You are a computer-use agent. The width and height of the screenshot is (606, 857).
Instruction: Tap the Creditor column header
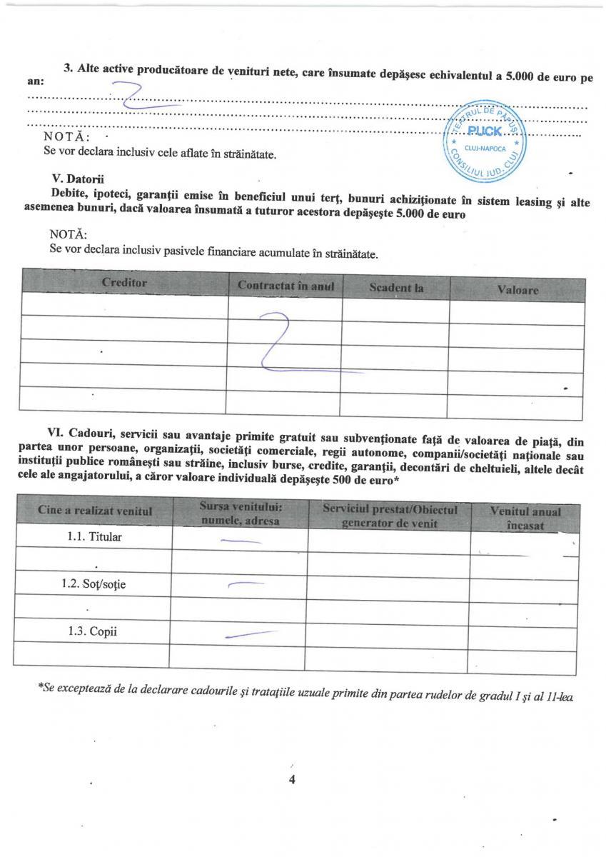pyautogui.click(x=124, y=283)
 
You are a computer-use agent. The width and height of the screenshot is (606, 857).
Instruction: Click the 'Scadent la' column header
pyautogui.click(x=396, y=288)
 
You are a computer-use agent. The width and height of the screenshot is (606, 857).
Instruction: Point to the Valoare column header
pyautogui.click(x=517, y=291)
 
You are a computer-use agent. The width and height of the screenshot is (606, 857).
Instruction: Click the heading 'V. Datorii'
pyautogui.click(x=78, y=179)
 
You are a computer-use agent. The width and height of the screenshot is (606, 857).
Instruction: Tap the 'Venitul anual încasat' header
pyautogui.click(x=525, y=518)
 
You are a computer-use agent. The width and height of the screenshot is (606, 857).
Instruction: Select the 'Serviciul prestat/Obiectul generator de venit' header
pyautogui.click(x=389, y=516)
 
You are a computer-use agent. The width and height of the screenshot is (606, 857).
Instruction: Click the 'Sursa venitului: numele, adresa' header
pyautogui.click(x=240, y=513)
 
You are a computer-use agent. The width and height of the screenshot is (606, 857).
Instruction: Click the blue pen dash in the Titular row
pyautogui.click(x=241, y=541)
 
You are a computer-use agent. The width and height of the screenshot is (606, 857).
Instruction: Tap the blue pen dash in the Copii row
pyautogui.click(x=250, y=634)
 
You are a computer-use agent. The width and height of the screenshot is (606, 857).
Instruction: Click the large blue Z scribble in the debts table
pyautogui.click(x=286, y=346)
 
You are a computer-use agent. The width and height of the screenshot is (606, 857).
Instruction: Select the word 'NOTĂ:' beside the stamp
pyautogui.click(x=66, y=137)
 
